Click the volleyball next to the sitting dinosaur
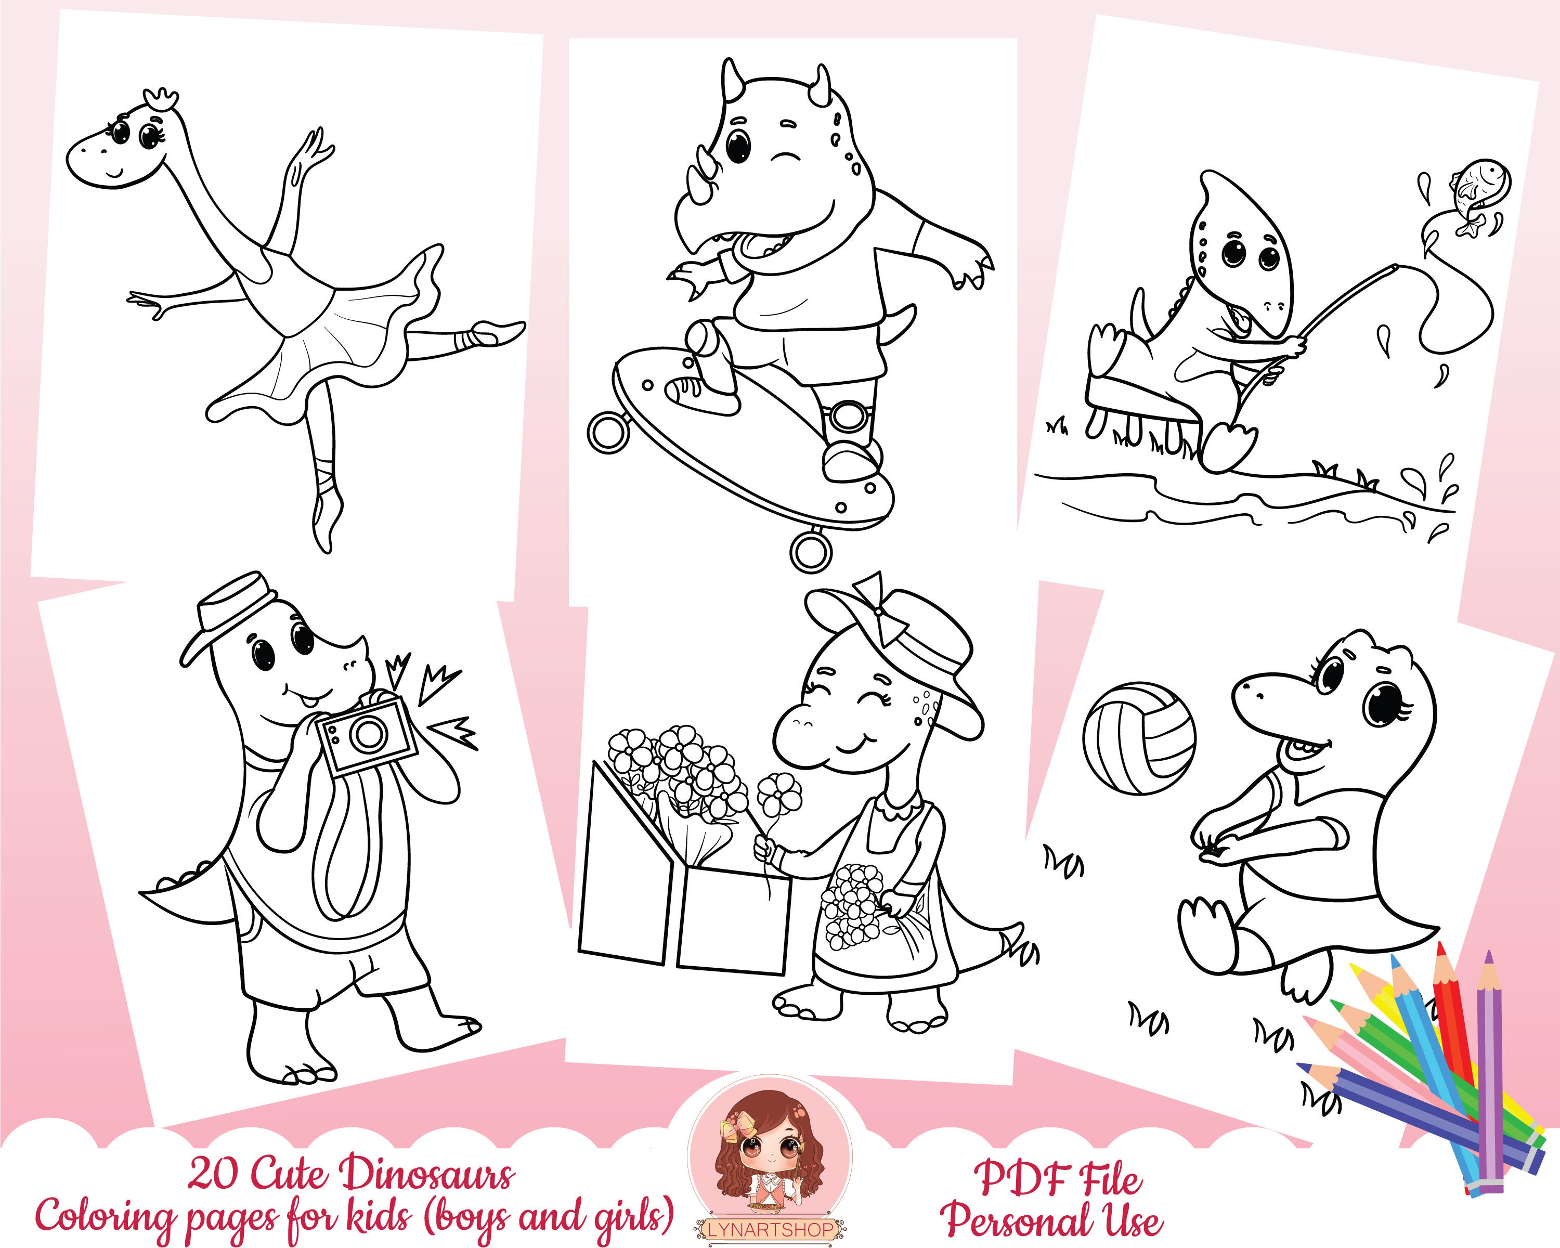click(x=1140, y=738)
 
